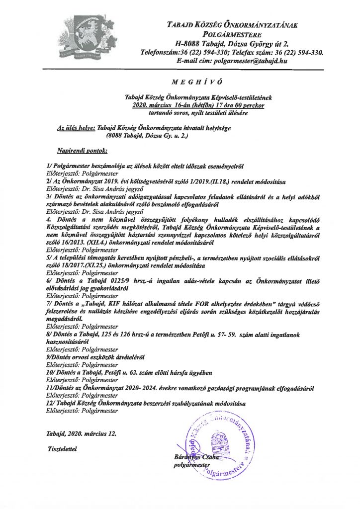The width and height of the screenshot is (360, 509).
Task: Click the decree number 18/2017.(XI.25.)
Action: tap(82, 266)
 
